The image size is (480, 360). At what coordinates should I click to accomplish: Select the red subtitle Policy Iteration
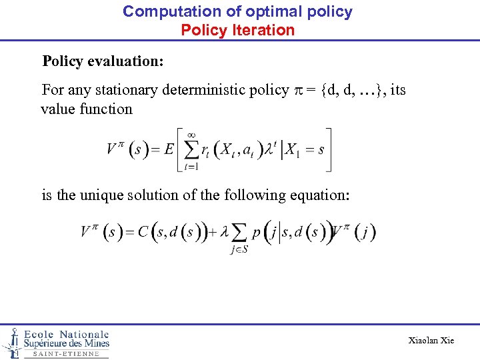[x=237, y=30]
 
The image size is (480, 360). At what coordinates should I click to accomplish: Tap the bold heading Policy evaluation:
[x=103, y=61]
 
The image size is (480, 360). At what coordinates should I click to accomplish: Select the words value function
[x=87, y=109]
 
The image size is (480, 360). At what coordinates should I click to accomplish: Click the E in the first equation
[x=169, y=149]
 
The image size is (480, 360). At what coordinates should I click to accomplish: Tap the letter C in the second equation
[x=143, y=232]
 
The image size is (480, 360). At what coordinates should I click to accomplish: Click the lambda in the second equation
[x=225, y=232]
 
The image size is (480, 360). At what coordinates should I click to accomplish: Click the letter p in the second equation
[x=255, y=233]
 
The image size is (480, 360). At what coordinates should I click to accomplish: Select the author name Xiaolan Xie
[x=431, y=341]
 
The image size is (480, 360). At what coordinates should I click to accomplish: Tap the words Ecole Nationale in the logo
[x=66, y=334]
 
